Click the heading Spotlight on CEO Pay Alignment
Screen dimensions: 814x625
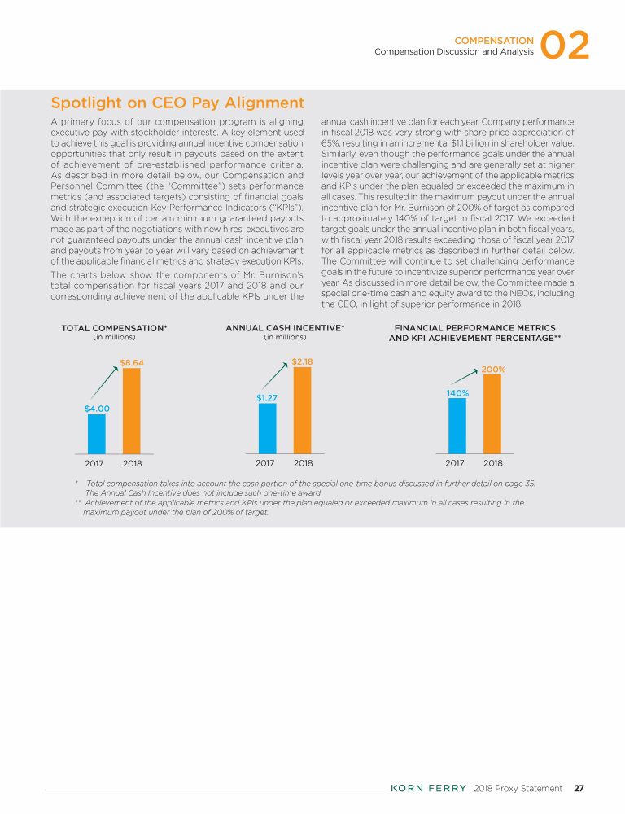[x=177, y=103]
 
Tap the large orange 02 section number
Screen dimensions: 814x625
[x=564, y=46]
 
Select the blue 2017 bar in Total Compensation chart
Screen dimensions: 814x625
[x=97, y=433]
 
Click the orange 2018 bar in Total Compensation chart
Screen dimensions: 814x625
[x=131, y=410]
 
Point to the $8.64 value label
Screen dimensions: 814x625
[x=131, y=362]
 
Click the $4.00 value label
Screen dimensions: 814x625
[x=97, y=408]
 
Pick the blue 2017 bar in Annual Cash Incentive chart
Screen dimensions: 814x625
[x=268, y=427]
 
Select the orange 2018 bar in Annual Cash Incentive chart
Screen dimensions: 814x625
[x=303, y=409]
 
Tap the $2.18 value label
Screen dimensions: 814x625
[x=302, y=361]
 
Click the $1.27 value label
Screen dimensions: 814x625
[x=268, y=397]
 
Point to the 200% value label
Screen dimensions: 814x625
[x=493, y=369]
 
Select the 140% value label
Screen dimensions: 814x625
[x=457, y=393]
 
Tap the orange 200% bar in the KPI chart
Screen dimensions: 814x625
[x=492, y=414]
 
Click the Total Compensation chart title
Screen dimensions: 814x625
[x=114, y=328]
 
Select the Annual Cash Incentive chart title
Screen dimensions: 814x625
[x=285, y=328]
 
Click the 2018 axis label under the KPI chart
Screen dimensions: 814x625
[x=492, y=463]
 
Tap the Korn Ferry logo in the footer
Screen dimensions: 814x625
[x=429, y=788]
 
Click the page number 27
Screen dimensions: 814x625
[x=579, y=788]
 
